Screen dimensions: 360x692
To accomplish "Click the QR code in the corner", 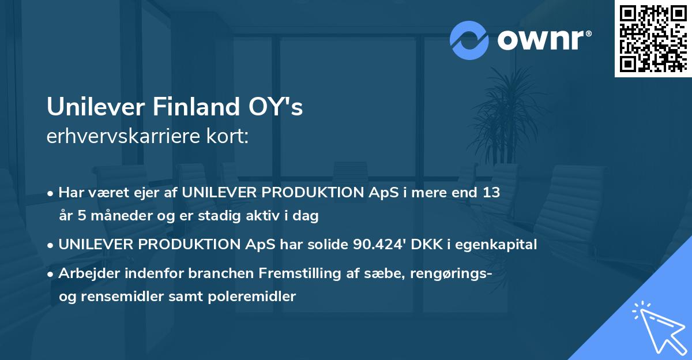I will [x=653, y=39].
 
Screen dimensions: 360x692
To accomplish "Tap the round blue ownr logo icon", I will [x=469, y=40].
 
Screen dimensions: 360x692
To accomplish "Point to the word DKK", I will [x=423, y=245].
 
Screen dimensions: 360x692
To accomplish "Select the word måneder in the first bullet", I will [x=110, y=216].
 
